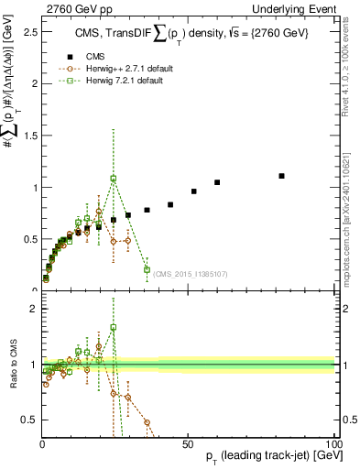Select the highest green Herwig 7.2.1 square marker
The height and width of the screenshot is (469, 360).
[114, 179]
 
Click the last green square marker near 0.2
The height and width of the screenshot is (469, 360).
[147, 269]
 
